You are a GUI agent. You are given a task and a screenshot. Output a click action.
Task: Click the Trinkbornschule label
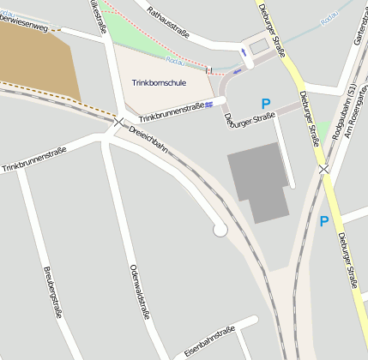coord(160,82)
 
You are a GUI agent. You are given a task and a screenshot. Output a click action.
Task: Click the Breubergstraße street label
coord(54,291)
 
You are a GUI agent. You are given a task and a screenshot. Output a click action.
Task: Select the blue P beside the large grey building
coord(266,104)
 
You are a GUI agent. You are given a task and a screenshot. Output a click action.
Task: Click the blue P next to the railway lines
coord(323,221)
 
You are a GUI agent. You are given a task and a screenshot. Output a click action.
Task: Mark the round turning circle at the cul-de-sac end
coord(220,229)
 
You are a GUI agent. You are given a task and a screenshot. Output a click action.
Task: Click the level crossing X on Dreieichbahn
coord(118,123)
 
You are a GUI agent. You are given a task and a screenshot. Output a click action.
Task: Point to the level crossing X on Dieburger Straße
coord(323,170)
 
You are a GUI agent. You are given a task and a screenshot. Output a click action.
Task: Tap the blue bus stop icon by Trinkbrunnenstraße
coord(209,105)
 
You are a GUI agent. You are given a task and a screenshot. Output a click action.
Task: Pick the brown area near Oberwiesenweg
coord(34,60)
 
